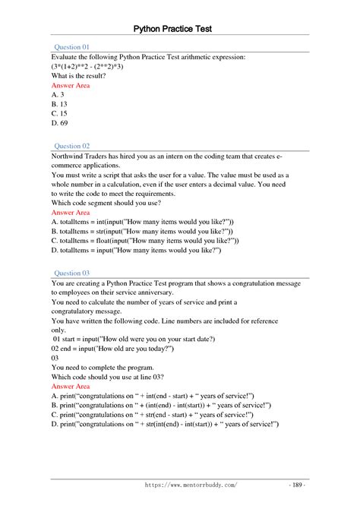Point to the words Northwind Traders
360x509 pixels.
click(x=83, y=156)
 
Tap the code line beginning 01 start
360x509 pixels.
click(x=134, y=338)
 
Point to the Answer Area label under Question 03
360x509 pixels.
click(x=72, y=387)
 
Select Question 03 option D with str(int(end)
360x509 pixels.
click(x=165, y=424)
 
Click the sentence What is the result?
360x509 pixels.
click(x=78, y=77)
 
